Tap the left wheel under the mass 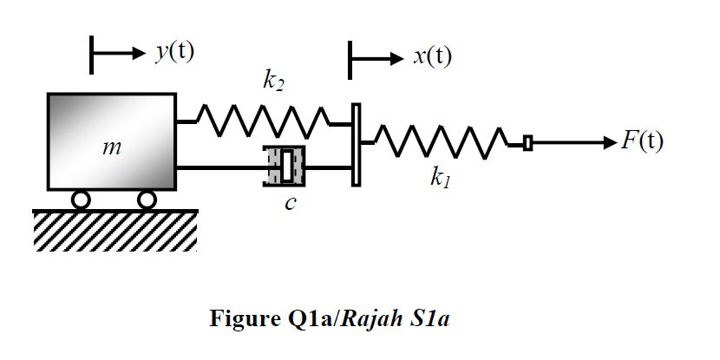click(81, 200)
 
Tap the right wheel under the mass click(147, 200)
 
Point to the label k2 click(273, 83)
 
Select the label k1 click(440, 180)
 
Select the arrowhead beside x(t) click(395, 60)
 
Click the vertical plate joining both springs click(356, 144)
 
